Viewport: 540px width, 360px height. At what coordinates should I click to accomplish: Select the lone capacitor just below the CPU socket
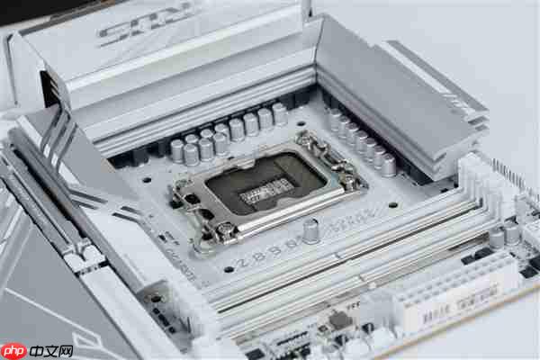point(311,230)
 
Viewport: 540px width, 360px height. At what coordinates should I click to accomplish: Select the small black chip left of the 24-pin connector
point(339,320)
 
